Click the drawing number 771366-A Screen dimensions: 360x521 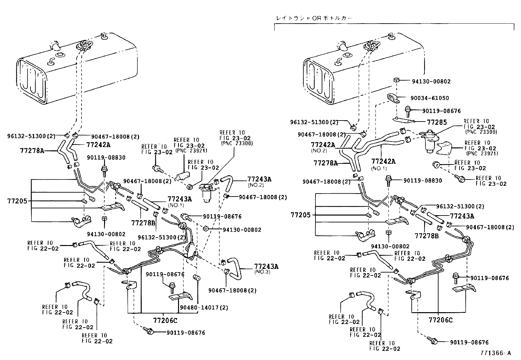[x=495, y=353]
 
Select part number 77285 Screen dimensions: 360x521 [x=437, y=122]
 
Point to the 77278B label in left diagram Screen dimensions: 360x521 [x=143, y=223]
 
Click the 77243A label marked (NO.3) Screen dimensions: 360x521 [x=266, y=266]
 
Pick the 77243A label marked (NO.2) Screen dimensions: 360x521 [x=259, y=179]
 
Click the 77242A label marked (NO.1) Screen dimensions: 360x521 [x=383, y=161]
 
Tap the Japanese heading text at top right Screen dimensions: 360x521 [x=314, y=19]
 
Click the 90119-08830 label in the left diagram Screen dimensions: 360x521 [x=106, y=158]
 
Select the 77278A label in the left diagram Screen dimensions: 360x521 [x=32, y=151]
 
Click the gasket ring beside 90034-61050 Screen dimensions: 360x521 [x=392, y=98]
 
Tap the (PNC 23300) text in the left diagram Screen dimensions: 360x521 [x=236, y=143]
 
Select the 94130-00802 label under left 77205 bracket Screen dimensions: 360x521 [x=106, y=234]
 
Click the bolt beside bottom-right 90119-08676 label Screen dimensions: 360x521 [x=434, y=341]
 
